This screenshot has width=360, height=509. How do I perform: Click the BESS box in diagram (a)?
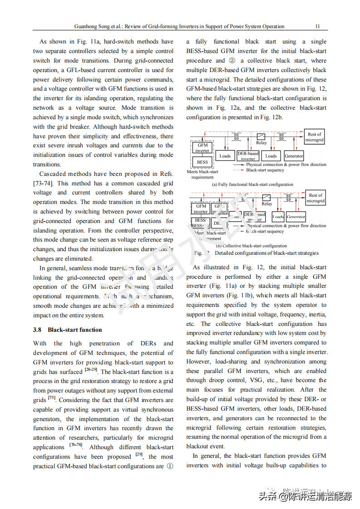click(202, 162)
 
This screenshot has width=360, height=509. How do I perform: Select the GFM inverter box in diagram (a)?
click(202, 148)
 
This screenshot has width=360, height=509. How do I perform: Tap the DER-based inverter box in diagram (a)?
click(248, 156)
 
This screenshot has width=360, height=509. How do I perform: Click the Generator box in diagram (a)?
click(294, 156)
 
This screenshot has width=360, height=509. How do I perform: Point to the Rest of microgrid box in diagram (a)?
click(315, 137)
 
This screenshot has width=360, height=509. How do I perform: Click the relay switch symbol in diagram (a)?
click(261, 136)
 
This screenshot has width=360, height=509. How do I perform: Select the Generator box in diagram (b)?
click(296, 217)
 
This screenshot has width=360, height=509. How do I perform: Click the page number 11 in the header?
click(317, 26)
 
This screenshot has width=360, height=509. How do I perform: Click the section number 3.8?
click(37, 330)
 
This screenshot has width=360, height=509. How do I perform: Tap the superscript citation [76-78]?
click(76, 445)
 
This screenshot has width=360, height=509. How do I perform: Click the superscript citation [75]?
click(52, 398)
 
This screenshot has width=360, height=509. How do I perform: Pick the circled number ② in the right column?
click(232, 60)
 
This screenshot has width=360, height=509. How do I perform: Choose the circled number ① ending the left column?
click(170, 466)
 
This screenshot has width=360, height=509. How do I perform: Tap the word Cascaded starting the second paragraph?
click(53, 174)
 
